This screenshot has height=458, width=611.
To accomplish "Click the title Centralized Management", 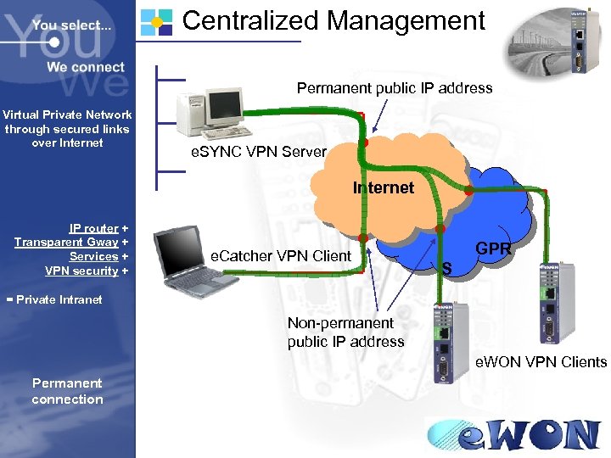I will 334,20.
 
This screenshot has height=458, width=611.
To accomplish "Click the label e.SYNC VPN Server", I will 258,152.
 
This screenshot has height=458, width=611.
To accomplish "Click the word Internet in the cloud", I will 384,187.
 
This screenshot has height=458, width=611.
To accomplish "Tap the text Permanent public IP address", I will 394,88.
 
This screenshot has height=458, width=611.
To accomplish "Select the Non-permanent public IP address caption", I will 345,332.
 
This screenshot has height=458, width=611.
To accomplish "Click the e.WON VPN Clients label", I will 541,362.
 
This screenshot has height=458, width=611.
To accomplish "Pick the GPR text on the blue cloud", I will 493,249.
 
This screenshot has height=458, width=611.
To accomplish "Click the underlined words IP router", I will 93,228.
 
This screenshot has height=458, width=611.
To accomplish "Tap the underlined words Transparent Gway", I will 66,243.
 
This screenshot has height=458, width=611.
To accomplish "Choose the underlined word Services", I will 93,256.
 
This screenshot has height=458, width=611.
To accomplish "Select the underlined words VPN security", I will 81,271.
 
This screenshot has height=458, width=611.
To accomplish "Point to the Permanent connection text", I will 67,391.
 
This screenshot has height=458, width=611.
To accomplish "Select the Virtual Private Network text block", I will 67,128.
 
